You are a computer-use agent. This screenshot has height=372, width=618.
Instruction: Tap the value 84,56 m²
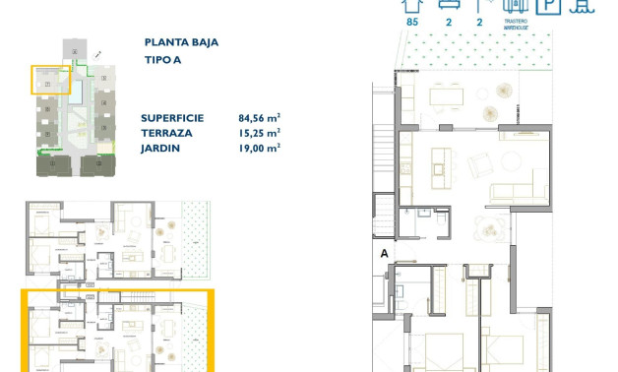(260, 116)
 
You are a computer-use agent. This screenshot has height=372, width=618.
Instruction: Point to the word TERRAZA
(167, 132)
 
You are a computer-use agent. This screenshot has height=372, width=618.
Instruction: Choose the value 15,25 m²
(260, 132)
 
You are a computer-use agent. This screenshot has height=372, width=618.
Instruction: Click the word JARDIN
(162, 148)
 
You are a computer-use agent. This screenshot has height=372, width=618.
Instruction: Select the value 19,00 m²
(260, 148)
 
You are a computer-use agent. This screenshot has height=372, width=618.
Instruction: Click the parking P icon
(551, 5)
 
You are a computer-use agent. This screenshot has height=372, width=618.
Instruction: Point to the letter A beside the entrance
(384, 253)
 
